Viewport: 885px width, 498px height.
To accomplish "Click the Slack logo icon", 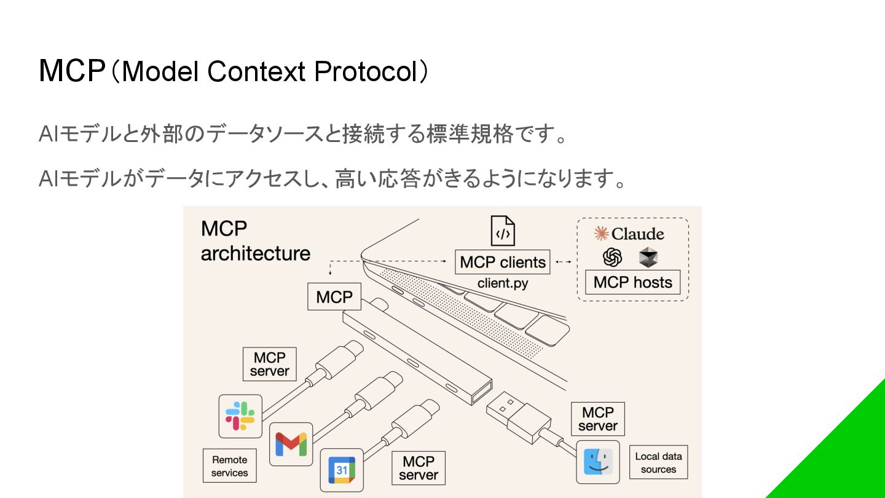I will coord(240,416).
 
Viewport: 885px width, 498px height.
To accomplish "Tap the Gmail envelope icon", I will coord(291,444).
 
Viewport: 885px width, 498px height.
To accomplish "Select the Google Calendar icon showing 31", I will coord(342,470).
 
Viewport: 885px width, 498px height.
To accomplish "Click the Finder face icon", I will coord(597,462).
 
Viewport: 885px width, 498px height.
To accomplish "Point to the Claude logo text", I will coord(629,234).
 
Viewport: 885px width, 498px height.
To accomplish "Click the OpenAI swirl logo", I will coord(612,257).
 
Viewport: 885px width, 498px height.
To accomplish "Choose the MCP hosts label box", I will coord(632,282).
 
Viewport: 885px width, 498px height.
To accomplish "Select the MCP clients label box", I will coord(503,262).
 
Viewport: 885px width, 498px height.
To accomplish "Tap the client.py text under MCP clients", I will coord(503,283).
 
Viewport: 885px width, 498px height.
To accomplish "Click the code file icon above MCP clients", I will coord(503,231).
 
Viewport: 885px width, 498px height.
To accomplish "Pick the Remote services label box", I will coord(230,466).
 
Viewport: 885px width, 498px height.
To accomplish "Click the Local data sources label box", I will coord(658,462).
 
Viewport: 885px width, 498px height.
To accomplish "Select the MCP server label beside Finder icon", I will coord(597,419).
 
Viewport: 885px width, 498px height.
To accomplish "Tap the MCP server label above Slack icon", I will coord(269,365).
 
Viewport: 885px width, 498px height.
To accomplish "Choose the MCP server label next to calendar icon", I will coord(419,468).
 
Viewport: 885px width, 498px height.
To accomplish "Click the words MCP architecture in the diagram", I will coord(255,241).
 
